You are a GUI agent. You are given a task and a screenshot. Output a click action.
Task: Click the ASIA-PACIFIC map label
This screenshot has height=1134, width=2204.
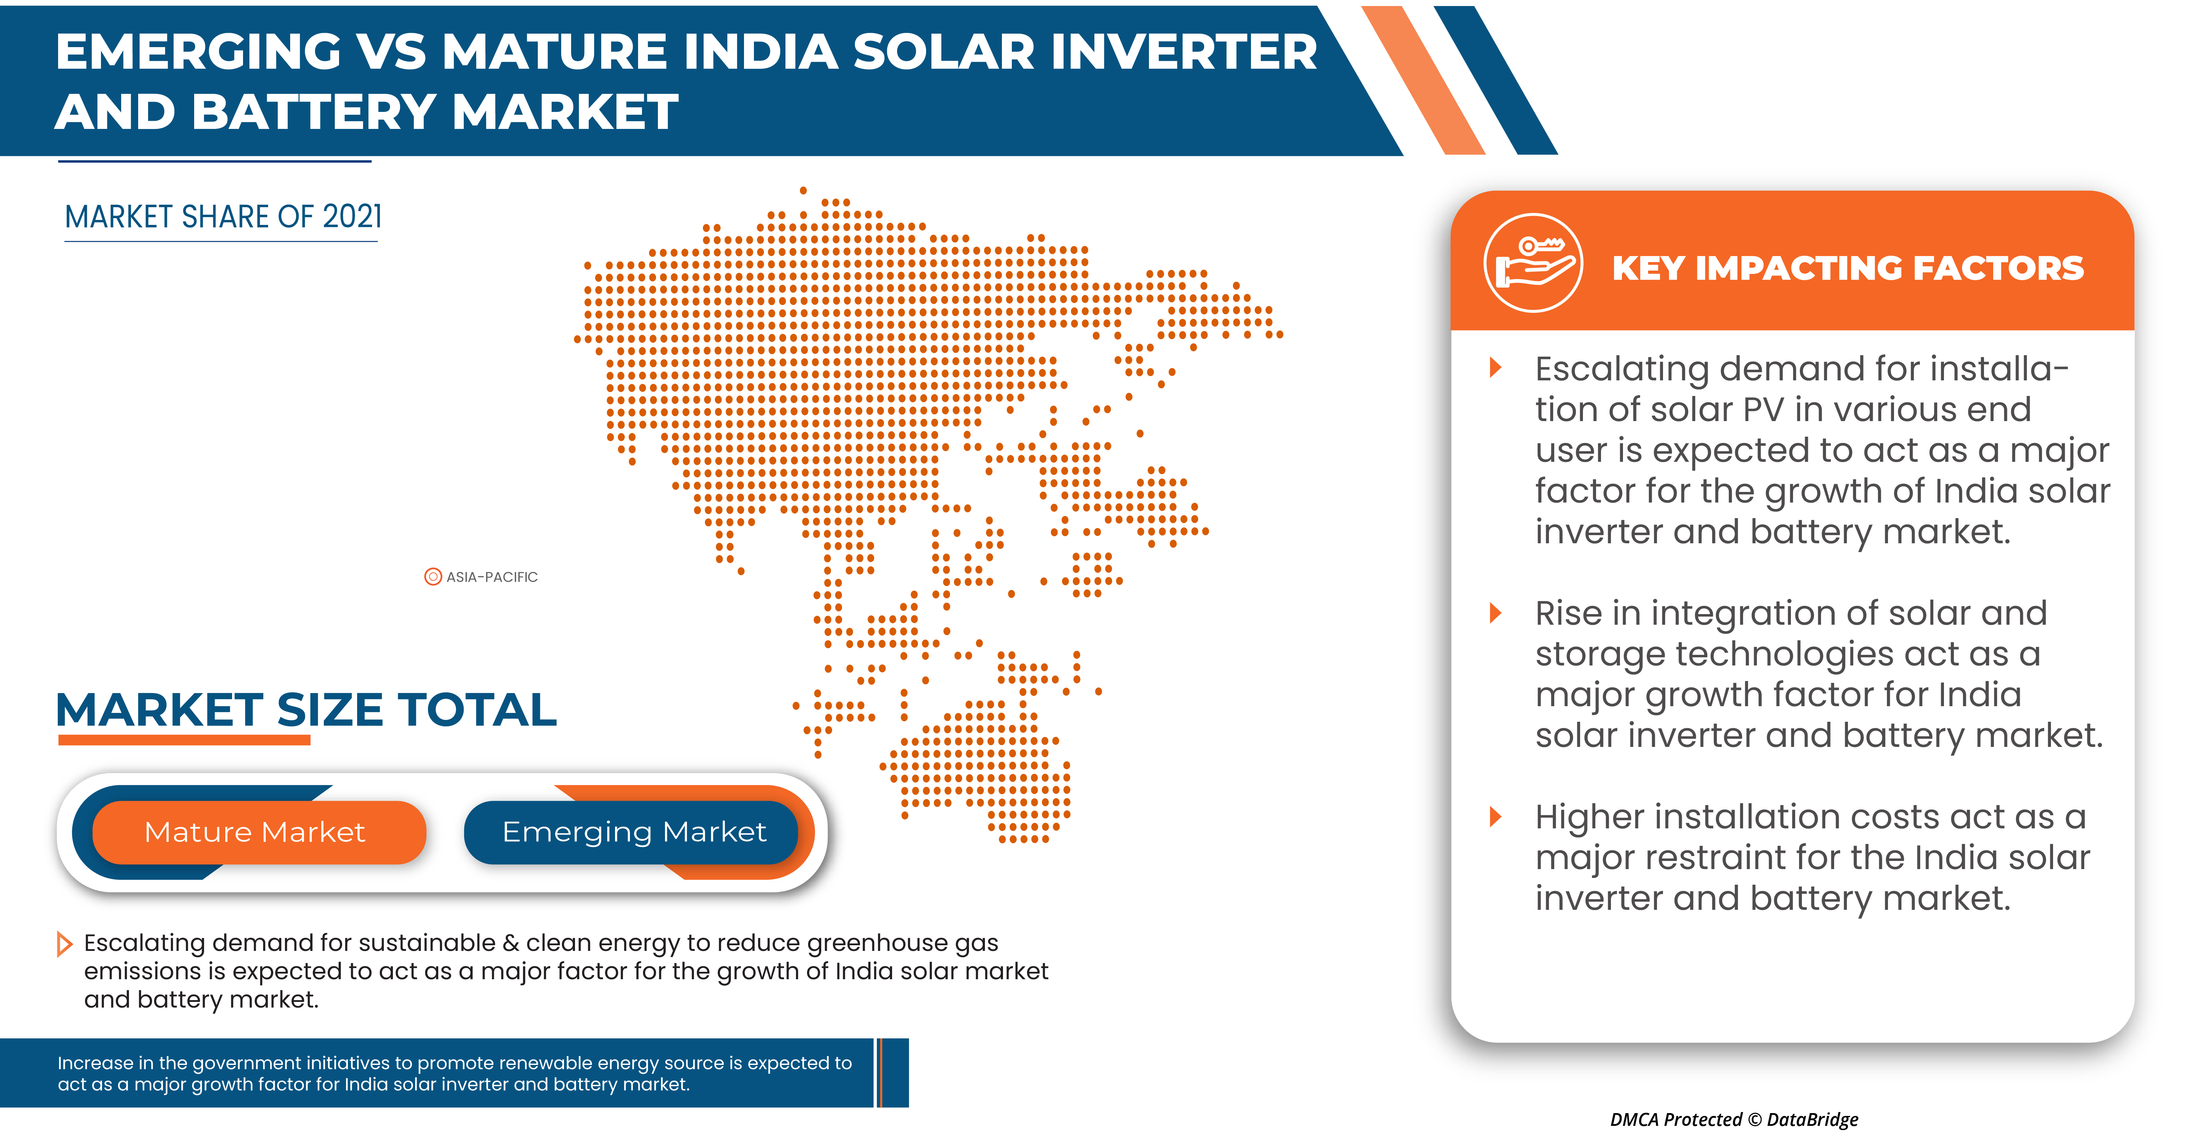[x=492, y=577]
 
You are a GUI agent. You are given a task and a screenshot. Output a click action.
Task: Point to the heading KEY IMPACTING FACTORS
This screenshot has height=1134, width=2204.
[x=1848, y=268]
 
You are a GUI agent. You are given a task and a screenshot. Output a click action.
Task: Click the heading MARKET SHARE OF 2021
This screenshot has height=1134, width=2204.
[x=223, y=217]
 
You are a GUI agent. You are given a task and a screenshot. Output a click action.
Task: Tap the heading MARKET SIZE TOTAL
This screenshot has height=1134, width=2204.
[x=306, y=710]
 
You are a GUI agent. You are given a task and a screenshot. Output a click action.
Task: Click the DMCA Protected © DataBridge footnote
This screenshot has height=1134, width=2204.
[x=1734, y=1119]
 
